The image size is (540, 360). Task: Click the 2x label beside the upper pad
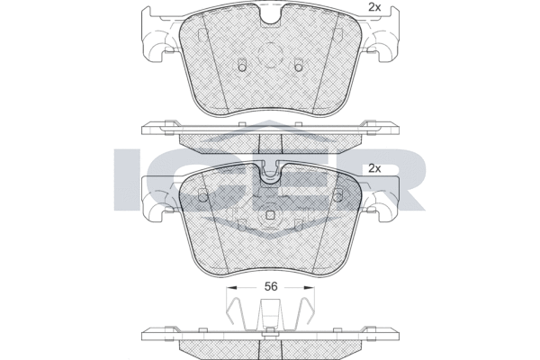point(374,7)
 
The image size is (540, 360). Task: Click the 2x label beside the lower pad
point(374,168)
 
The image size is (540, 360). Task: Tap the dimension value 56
point(270,286)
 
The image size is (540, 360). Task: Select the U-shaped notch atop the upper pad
point(270,18)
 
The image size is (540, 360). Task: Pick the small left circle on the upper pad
point(242,67)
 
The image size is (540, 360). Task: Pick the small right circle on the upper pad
point(298,67)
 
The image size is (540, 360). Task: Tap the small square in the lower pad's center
point(270,215)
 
